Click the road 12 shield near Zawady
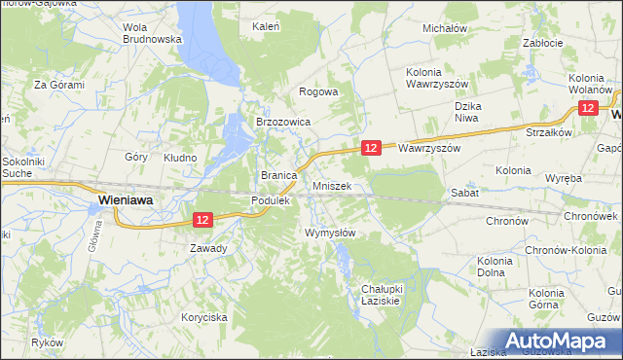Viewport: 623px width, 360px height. coord(202,222)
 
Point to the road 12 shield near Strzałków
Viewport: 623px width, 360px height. coord(588,110)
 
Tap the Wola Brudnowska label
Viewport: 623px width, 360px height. coord(153,33)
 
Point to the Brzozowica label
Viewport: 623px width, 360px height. coord(282,123)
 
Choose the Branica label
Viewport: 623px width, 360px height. coord(277,175)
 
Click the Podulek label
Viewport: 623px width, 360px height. coord(271,199)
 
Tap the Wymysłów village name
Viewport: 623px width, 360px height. coord(330,234)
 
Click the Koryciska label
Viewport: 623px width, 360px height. coord(204,317)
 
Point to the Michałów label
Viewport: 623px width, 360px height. coord(445,29)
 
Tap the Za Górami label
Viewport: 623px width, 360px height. coord(59,85)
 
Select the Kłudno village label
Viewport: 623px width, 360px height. coord(180,157)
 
